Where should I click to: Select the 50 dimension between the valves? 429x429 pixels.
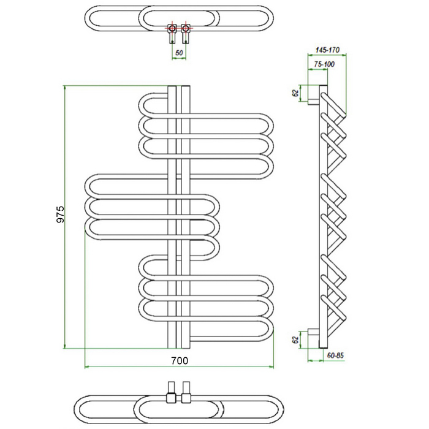[x=179, y=53]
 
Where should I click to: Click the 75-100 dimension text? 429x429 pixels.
[x=324, y=64]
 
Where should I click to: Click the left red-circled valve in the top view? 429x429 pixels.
[x=172, y=28]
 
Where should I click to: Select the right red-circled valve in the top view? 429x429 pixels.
[x=185, y=28]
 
